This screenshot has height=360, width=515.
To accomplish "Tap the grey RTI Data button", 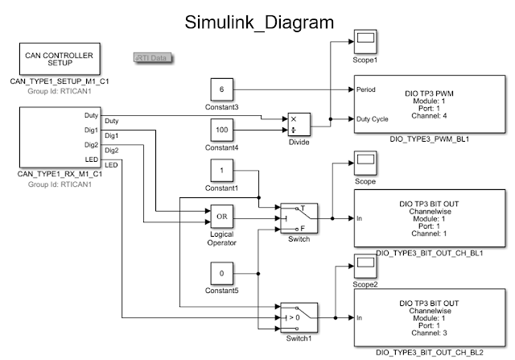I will [x=153, y=58].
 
